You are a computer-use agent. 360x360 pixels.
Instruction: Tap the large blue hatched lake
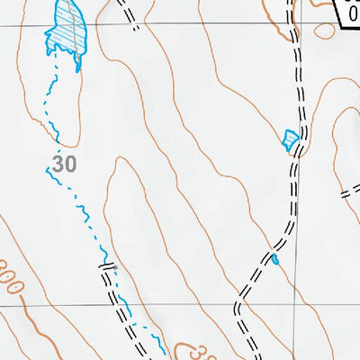[x=66, y=31]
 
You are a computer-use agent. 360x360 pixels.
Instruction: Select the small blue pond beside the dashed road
[x=289, y=139]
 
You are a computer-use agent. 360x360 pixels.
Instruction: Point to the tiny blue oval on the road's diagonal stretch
[x=274, y=260]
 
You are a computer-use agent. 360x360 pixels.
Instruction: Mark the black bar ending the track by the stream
[x=107, y=267]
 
